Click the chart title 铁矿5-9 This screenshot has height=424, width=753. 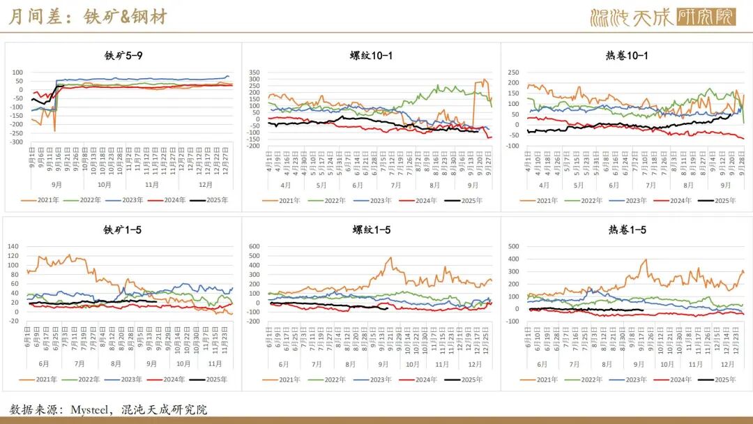pos(124,55)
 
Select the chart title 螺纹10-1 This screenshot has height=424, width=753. pos(371,55)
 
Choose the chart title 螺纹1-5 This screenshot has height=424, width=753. pos(371,230)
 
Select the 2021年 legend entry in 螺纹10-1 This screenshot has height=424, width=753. pos(284,200)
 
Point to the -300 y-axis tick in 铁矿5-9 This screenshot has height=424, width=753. pos(17,142)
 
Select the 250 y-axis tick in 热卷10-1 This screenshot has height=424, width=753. pos(513,72)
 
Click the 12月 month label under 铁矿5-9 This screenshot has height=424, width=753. pos(206,185)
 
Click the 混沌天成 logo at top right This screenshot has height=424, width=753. pos(662,17)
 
